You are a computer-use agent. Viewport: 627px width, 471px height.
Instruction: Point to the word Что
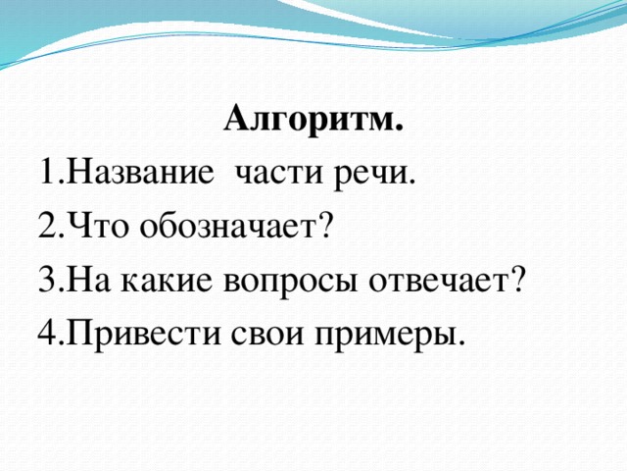point(93,228)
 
